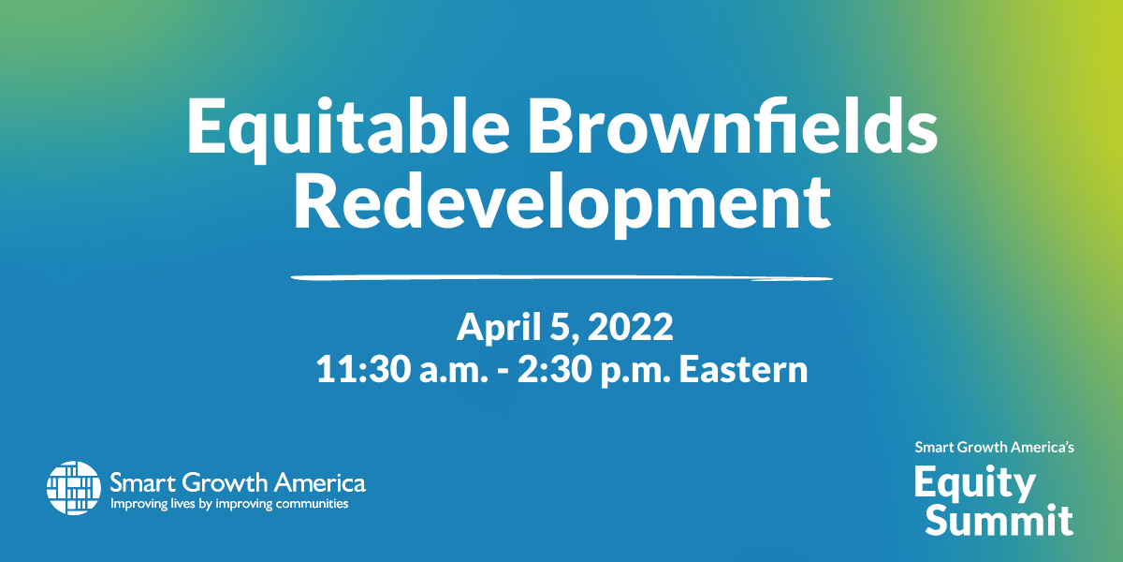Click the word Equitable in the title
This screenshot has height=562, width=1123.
[349, 128]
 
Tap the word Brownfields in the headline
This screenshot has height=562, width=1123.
[733, 125]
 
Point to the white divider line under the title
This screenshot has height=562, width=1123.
[561, 277]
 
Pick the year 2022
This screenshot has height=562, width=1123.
[630, 327]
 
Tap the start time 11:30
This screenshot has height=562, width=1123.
[363, 369]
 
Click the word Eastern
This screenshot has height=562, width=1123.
[743, 369]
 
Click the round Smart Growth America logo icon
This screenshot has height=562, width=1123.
[74, 488]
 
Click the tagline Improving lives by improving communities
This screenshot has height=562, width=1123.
[229, 504]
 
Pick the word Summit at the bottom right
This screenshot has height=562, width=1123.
[999, 521]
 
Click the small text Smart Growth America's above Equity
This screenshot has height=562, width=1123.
[994, 447]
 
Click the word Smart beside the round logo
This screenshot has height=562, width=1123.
[143, 482]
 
